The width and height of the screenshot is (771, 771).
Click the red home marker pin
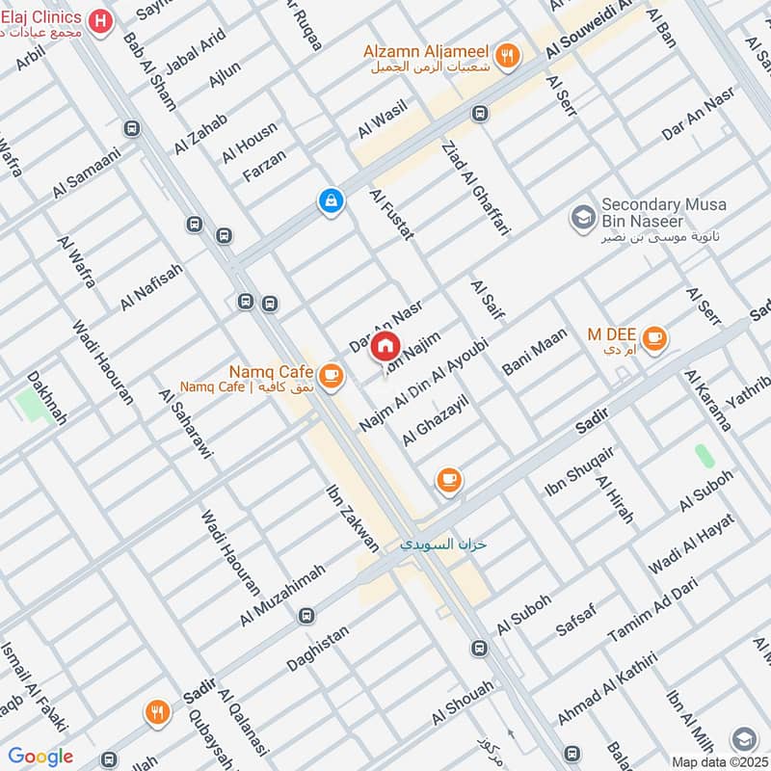pyautogui.click(x=385, y=346)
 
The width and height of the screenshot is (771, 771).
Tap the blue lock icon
pyautogui.click(x=330, y=201)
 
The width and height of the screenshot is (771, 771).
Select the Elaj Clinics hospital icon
pyautogui.click(x=97, y=19)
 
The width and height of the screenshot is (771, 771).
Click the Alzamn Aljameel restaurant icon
pyautogui.click(x=509, y=55)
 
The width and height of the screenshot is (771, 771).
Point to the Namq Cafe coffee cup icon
pyautogui.click(x=331, y=375)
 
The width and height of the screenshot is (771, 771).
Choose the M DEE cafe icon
pyautogui.click(x=655, y=337)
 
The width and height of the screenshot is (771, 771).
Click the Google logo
pyautogui.click(x=40, y=757)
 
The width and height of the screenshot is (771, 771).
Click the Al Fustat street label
pyautogui.click(x=392, y=214)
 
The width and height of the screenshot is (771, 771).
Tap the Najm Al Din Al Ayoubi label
pyautogui.click(x=424, y=385)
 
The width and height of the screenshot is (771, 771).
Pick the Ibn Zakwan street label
pyautogui.click(x=354, y=518)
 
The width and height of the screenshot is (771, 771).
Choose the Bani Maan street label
pyautogui.click(x=535, y=353)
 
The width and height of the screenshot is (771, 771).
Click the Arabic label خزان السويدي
pyautogui.click(x=444, y=545)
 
